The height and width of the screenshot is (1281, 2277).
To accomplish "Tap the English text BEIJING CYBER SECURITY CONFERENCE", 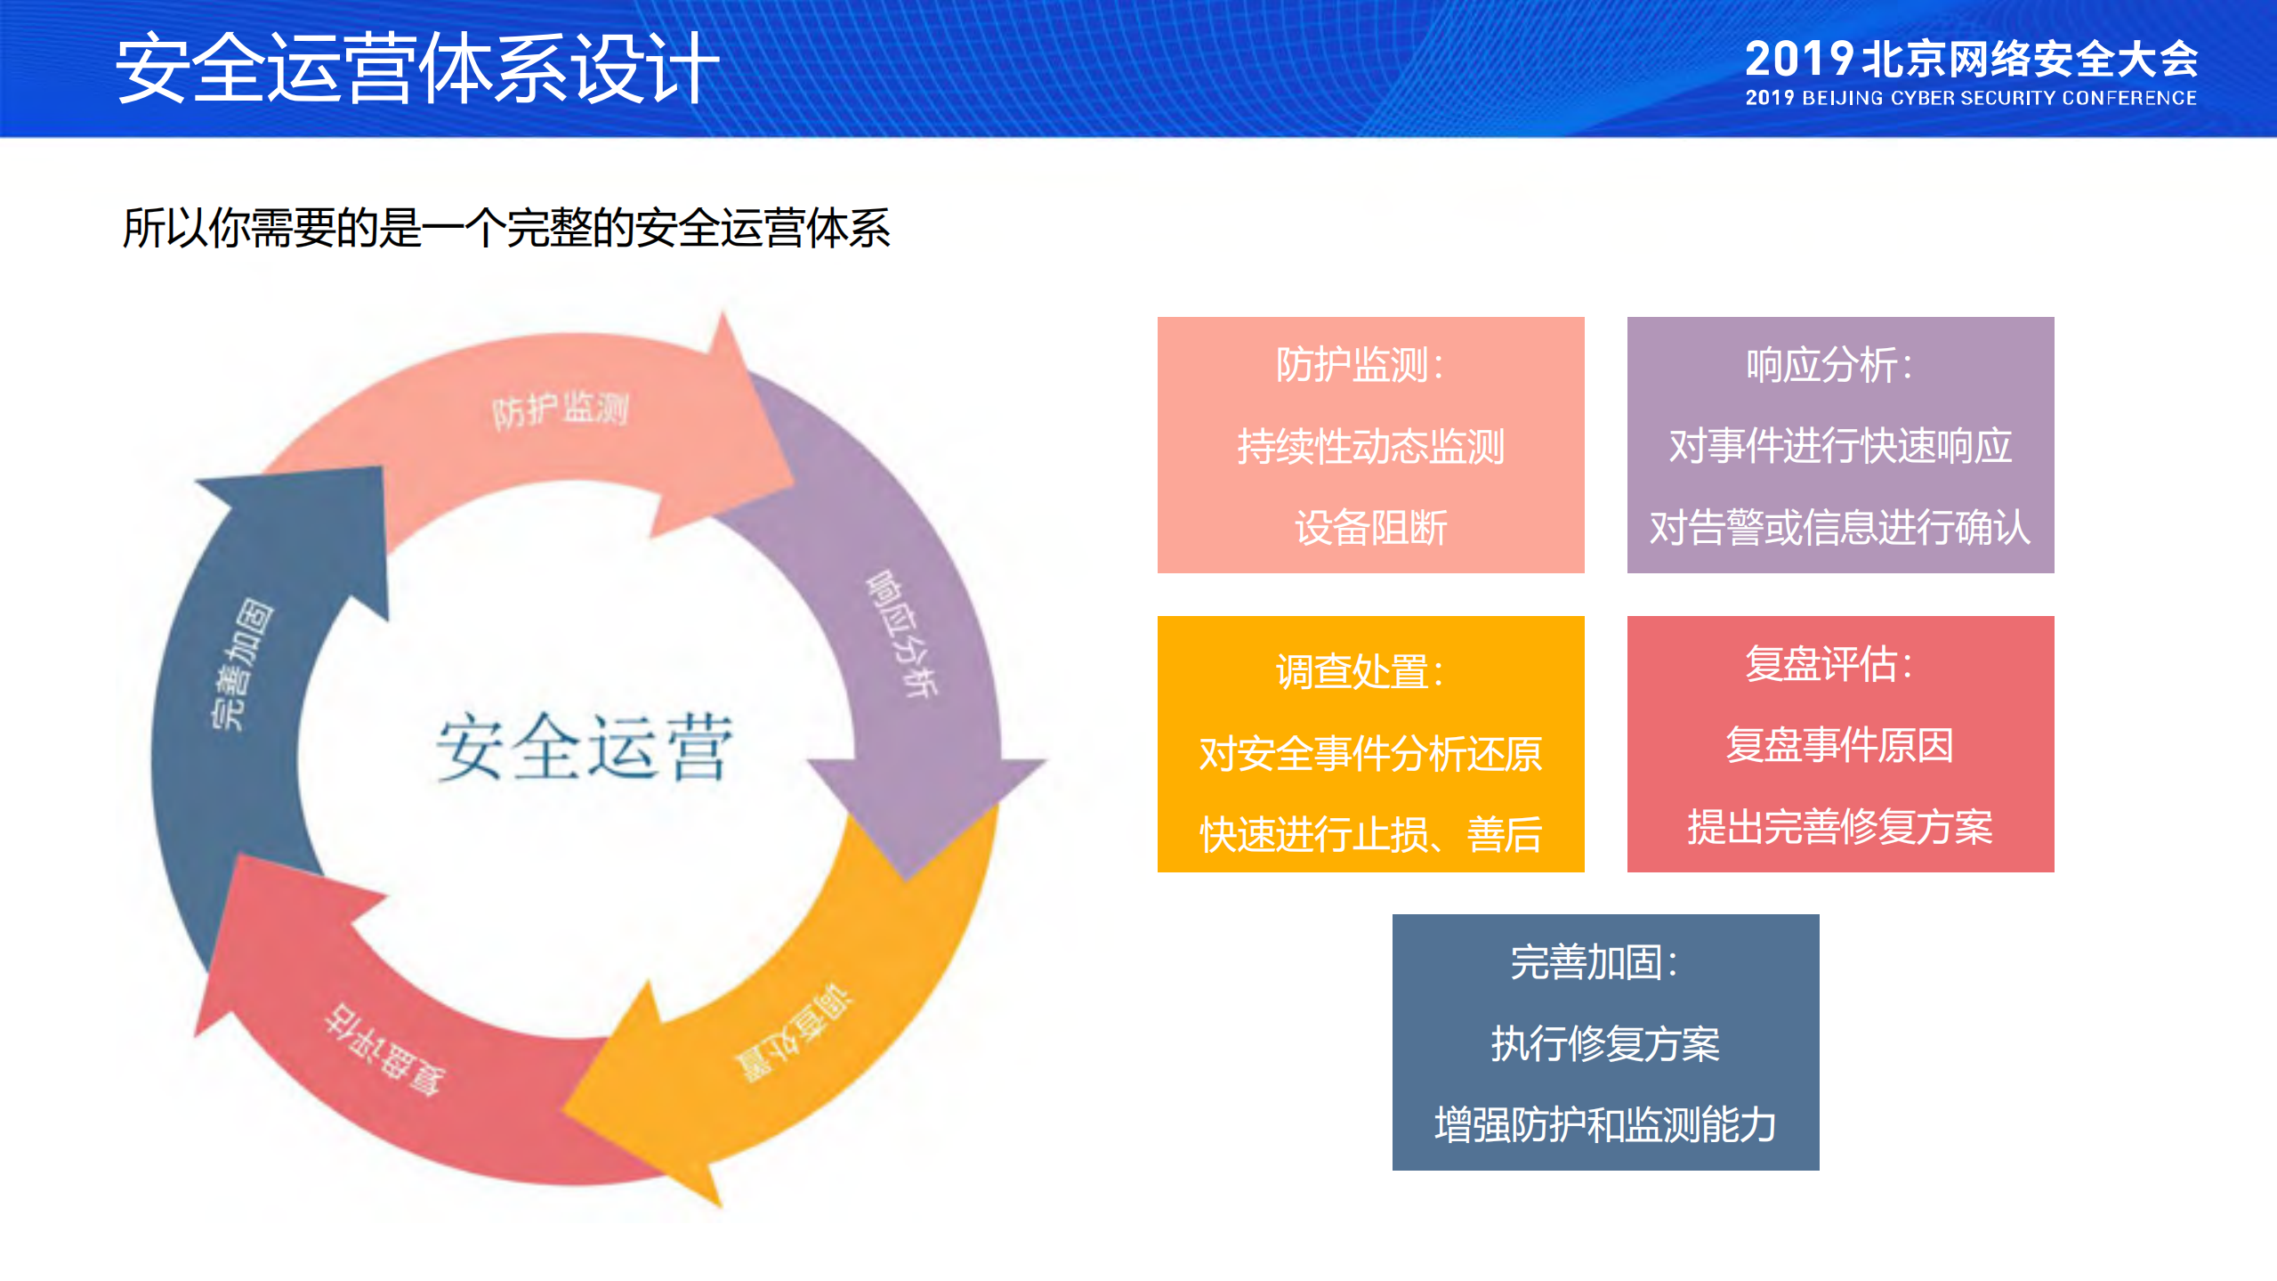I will click(x=1998, y=99).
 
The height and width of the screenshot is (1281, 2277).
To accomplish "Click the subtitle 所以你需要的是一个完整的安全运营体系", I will click(x=505, y=228).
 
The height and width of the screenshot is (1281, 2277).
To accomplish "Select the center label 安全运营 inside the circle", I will click(x=584, y=748).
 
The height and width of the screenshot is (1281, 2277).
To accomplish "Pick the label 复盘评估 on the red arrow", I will click(x=384, y=1050).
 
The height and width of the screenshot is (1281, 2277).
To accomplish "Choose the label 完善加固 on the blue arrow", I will click(x=242, y=664).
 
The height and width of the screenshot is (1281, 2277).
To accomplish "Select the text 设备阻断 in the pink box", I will click(x=1370, y=528).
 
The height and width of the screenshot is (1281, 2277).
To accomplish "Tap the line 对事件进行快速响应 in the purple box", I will click(x=1840, y=446).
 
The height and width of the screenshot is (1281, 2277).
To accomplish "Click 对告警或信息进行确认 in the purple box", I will click(x=1840, y=528).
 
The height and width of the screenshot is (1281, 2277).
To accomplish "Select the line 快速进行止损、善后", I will click(x=1370, y=835).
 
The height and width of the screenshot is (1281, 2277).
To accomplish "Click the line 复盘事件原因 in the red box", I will click(x=1840, y=745).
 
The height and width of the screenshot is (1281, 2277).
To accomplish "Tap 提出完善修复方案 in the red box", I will click(x=1840, y=827).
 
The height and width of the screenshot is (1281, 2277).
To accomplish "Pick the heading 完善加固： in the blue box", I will click(x=1595, y=962).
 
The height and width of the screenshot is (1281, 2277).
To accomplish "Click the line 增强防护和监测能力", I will click(x=1605, y=1125).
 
